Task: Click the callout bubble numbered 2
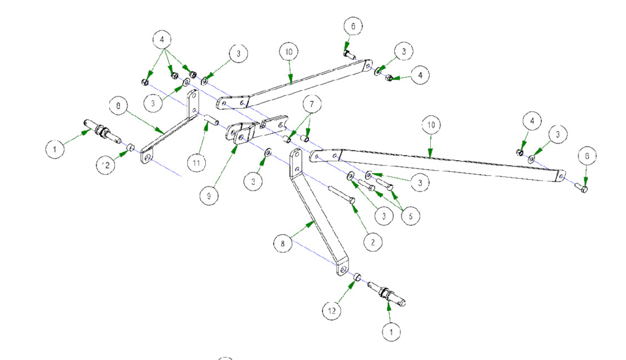(373, 242)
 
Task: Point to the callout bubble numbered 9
(209, 196)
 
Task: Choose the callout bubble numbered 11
(196, 162)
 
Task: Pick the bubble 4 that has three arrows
(162, 39)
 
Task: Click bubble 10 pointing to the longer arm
(431, 125)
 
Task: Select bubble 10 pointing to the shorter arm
(289, 51)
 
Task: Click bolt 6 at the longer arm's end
(582, 188)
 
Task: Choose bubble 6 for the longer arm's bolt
(588, 156)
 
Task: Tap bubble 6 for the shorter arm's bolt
(353, 27)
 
